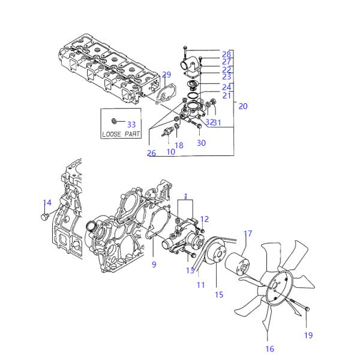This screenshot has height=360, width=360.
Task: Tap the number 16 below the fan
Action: (269, 349)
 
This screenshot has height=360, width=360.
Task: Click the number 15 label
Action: (219, 295)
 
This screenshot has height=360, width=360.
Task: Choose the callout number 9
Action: (154, 265)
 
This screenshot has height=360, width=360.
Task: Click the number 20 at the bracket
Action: (242, 106)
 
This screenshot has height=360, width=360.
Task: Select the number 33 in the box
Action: (131, 124)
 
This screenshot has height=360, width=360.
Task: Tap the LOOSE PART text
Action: (121, 134)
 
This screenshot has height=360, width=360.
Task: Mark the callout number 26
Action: (151, 154)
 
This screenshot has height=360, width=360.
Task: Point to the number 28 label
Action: (226, 54)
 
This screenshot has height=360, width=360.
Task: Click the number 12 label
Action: (204, 219)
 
